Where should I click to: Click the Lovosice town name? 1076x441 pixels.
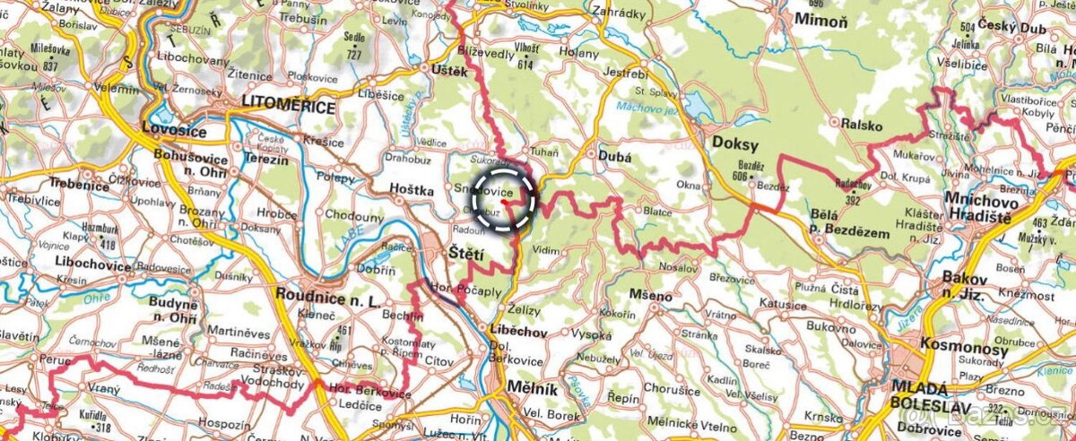pos(174,133)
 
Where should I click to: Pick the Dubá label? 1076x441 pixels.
pos(613,156)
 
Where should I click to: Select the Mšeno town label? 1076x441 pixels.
pos(650,296)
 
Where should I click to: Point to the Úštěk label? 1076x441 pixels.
pos(449,71)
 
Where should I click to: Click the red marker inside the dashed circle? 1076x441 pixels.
pos(507,202)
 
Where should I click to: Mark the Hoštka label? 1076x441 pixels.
pos(412,190)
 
